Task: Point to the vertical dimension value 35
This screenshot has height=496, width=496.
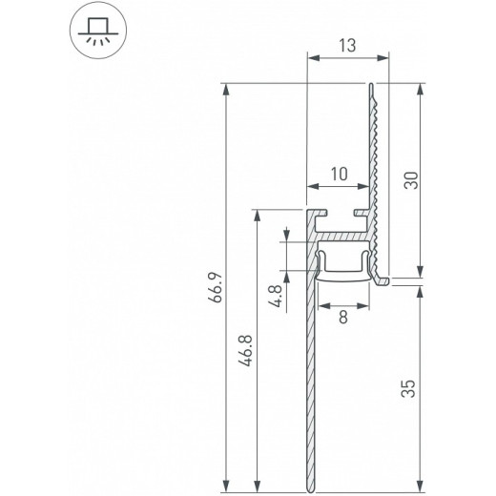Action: click(408, 388)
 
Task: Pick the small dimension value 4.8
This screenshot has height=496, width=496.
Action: click(274, 294)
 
